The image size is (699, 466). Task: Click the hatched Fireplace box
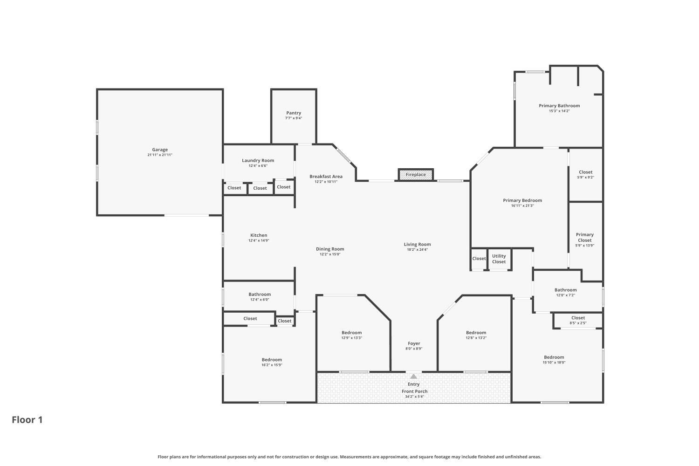415,175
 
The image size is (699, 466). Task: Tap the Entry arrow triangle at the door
414,377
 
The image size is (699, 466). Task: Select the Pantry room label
294,113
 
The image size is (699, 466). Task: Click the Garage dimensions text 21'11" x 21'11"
160,155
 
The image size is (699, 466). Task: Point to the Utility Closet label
499,259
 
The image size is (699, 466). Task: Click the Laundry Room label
258,160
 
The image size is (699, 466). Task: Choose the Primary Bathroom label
559,106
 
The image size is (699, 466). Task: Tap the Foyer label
414,343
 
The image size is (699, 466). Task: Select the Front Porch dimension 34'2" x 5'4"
414,397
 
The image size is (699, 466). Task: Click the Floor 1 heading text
27,420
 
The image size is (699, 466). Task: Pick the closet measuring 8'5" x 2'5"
578,320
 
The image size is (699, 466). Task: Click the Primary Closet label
584,237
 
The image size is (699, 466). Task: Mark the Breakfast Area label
326,176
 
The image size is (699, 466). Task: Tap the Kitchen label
259,235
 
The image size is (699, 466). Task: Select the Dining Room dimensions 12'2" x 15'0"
330,254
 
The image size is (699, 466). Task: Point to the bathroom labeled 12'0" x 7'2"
565,292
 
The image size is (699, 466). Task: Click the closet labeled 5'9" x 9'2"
585,174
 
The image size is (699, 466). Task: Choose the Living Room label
417,244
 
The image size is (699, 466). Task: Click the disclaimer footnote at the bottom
349,457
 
